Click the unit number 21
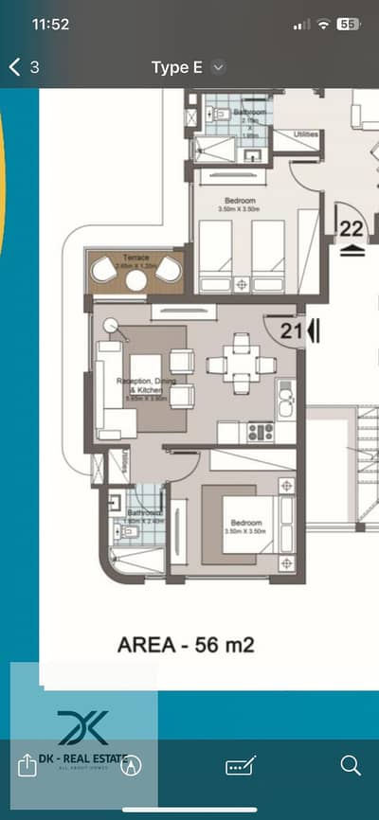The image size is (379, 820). [290, 330]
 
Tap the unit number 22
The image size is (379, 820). [352, 228]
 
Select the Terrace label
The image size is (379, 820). [135, 257]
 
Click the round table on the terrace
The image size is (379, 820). [136, 279]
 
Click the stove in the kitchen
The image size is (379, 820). [260, 433]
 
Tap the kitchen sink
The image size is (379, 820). [285, 404]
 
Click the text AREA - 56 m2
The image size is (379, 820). [186, 646]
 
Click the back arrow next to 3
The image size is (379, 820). [14, 67]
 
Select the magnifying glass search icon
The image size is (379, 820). [351, 765]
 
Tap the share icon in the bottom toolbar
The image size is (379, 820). [27, 765]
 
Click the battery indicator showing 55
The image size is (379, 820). [348, 24]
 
